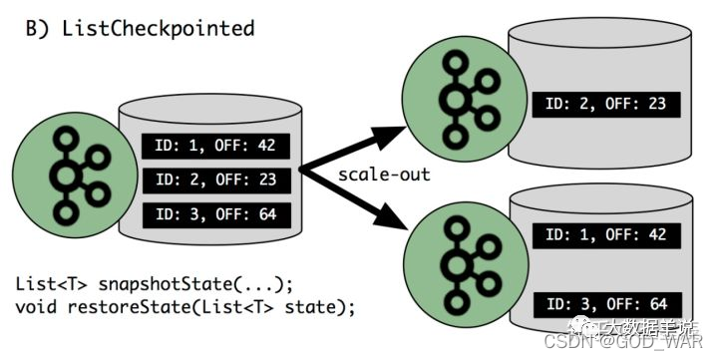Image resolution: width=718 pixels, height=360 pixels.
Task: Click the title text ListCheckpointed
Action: (158, 28)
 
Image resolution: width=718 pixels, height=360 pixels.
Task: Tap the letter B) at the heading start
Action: (39, 28)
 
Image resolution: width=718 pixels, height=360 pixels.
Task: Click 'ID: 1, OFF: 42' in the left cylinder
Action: (214, 147)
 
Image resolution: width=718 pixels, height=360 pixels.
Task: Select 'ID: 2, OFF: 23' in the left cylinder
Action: (214, 180)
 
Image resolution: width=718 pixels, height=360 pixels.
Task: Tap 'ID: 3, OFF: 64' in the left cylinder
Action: (214, 214)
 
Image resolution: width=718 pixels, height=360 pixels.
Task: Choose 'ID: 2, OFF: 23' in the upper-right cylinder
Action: (606, 104)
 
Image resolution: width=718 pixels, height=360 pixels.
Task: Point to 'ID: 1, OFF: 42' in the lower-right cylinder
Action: (606, 234)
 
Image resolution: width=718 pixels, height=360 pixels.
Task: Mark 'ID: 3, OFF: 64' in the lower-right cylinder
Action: (606, 302)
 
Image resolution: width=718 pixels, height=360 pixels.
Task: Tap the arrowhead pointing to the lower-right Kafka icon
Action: (406, 227)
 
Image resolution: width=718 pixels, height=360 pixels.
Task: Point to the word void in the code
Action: (36, 304)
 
